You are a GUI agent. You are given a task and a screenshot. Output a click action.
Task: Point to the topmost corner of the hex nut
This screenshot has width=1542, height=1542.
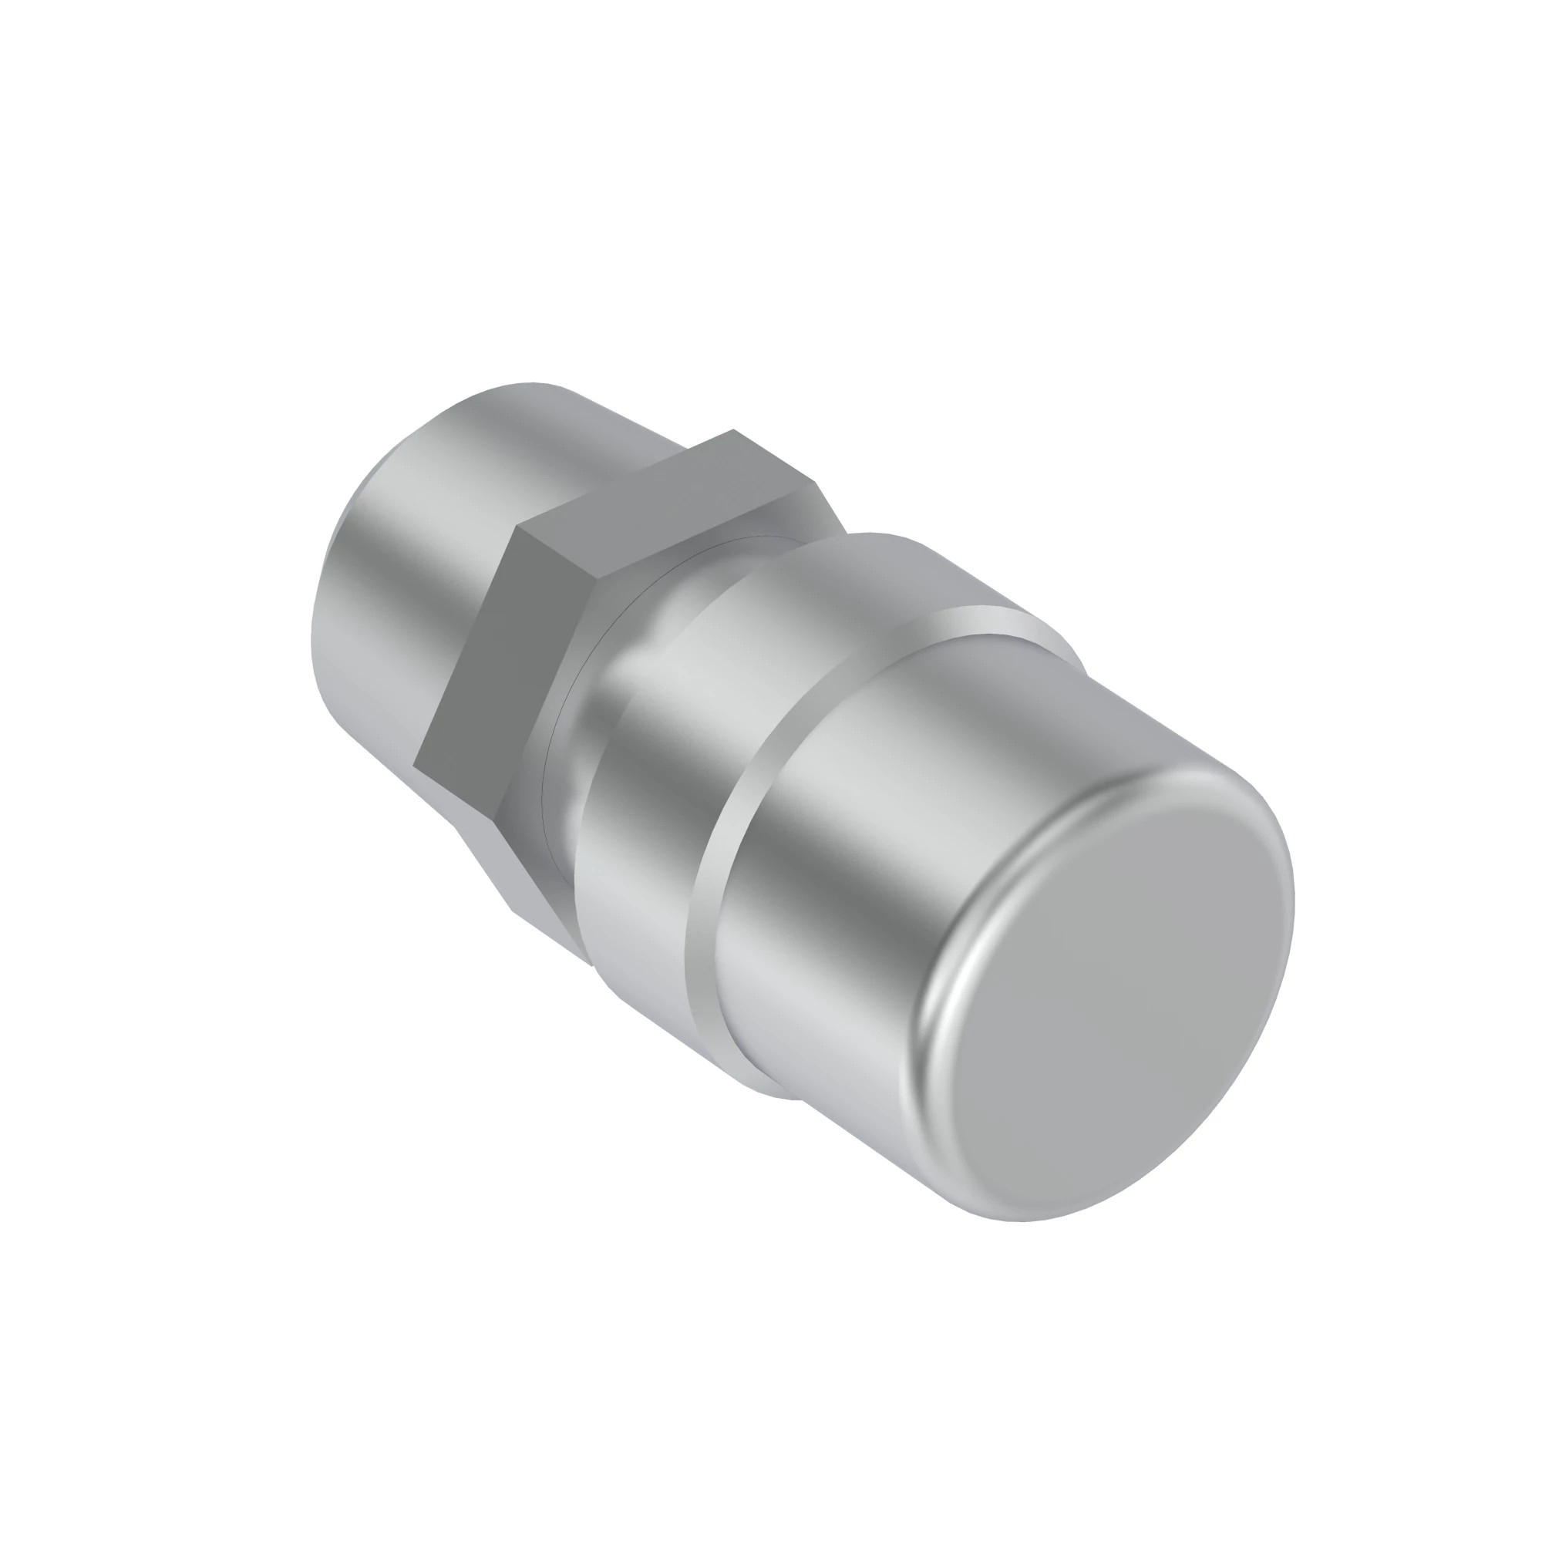[x=732, y=431]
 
